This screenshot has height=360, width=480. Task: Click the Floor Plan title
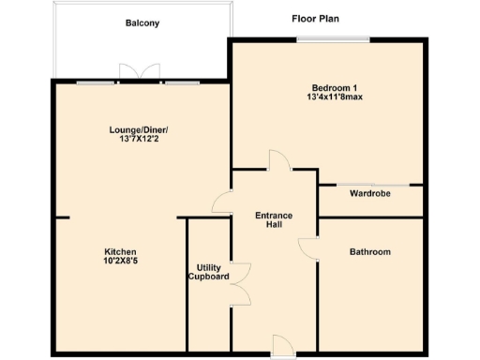(314, 18)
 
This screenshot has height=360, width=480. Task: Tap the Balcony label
(142, 22)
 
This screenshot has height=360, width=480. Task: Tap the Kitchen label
(121, 252)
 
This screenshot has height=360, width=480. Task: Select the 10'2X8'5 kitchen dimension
(121, 262)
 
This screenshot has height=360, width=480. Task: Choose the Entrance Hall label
(274, 220)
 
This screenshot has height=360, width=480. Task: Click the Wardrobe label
(370, 194)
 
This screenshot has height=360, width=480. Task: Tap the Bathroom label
(370, 252)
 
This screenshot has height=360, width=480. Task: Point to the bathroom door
(308, 247)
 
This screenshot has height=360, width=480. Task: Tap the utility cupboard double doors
(241, 283)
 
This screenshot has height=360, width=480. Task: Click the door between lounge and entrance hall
(222, 201)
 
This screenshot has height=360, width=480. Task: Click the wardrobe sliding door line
(370, 184)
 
